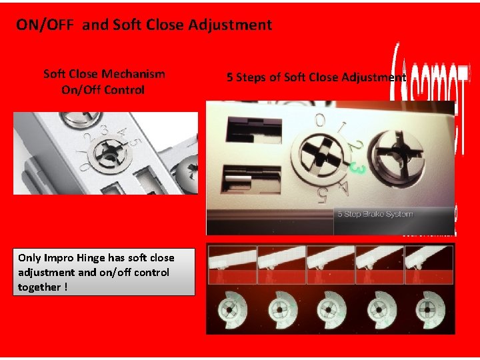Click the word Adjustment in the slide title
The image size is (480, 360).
(230, 25)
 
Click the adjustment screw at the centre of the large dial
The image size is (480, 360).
(319, 157)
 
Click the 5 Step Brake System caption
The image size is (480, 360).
(374, 215)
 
